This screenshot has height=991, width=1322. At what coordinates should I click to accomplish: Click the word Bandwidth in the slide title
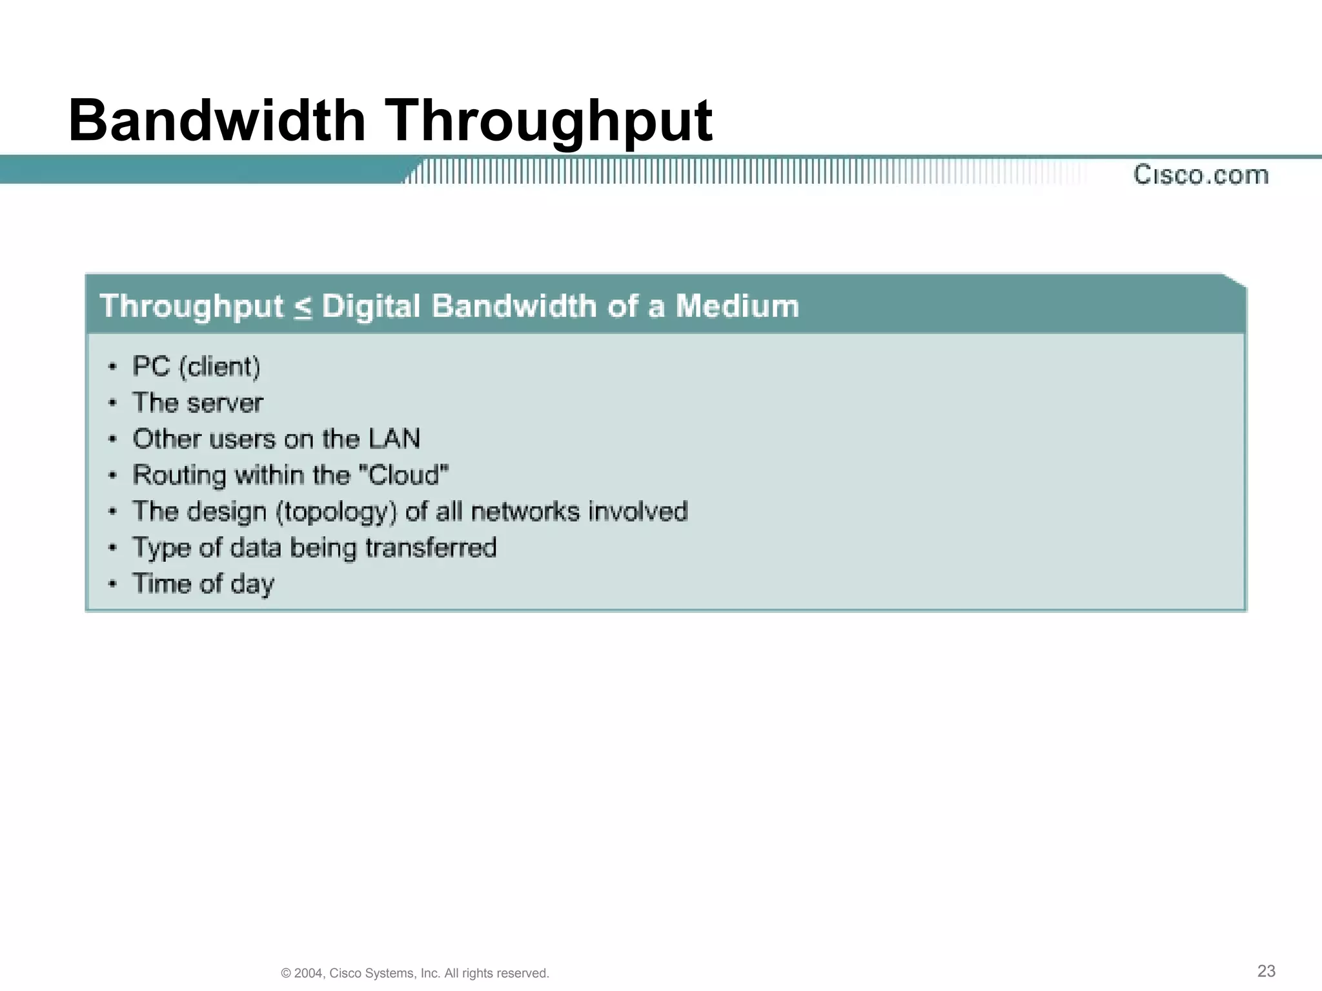point(217,121)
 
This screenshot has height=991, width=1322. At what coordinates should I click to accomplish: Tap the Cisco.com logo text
point(1201,175)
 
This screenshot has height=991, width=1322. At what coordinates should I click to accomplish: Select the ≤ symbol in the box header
point(303,307)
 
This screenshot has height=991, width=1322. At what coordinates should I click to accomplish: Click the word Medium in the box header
point(737,306)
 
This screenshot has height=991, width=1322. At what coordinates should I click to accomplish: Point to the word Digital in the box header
point(371,307)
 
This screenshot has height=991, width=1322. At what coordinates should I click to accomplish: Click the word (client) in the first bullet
point(219,366)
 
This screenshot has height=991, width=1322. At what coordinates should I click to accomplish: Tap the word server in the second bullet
point(226,403)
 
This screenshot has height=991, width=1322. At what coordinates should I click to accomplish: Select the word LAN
point(394,439)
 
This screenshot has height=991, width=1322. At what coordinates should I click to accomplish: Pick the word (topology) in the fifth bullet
point(336,512)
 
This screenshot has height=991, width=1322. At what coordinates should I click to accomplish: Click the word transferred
point(431,548)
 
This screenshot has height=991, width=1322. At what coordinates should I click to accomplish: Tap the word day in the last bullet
point(252,585)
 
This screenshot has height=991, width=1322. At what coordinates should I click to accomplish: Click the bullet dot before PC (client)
point(113,367)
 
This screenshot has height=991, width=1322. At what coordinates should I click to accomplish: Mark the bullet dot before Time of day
point(113,584)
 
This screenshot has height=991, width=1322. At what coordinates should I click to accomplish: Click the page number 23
point(1266,971)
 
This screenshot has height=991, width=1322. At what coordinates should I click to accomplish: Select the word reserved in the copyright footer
point(525,974)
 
